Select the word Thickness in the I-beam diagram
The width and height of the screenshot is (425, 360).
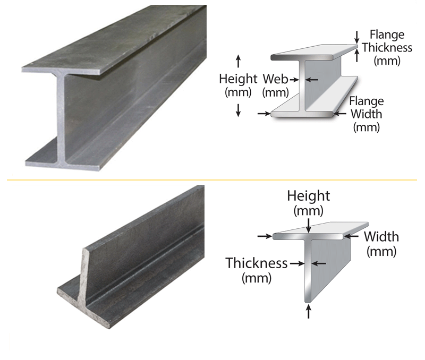387,48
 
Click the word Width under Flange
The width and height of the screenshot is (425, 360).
366,114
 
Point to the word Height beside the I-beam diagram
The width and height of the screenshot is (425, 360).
238,79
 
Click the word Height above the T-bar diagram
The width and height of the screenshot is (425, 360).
309,196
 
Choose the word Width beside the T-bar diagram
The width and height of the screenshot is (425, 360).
381,237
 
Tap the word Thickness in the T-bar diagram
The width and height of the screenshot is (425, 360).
257,263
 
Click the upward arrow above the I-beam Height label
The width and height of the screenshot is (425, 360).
238,59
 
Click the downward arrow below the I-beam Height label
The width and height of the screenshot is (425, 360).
238,110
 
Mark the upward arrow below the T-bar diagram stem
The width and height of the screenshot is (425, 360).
309,311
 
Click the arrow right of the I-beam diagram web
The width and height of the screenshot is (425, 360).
313,80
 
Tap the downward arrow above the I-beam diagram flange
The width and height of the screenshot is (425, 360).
356,36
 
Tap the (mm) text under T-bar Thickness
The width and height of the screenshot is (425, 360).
257,277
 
